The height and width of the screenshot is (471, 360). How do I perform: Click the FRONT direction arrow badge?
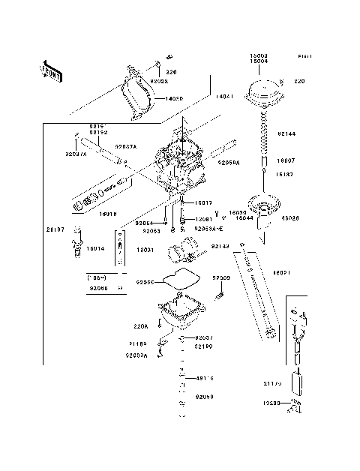click(51, 70)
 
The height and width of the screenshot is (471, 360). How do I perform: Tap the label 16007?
click(286, 161)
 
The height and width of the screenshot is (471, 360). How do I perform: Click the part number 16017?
click(204, 203)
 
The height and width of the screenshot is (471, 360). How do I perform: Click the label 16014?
click(94, 247)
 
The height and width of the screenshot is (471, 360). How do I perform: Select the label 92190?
click(204, 347)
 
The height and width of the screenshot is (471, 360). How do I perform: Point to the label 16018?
click(109, 213)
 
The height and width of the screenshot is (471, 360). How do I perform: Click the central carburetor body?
click(180, 165)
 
